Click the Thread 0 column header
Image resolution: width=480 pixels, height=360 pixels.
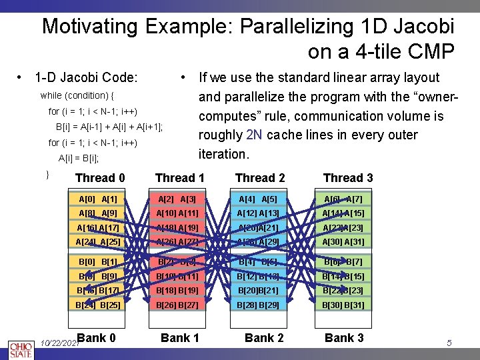pos(100,177)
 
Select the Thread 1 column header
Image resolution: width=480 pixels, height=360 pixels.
pos(179,177)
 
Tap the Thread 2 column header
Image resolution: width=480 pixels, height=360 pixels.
pos(260,177)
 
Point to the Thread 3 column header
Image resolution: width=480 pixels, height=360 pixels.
pos(348,177)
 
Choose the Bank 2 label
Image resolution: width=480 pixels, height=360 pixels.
pos(264,338)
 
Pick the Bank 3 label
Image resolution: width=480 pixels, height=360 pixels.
pos(344,338)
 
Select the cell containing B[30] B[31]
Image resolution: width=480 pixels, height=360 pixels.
pos(343,305)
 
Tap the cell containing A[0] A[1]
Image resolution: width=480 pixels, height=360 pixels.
pos(98,199)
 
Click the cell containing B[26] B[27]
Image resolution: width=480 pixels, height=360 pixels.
pos(177,305)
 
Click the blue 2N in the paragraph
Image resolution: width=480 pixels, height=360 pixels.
pos(254,135)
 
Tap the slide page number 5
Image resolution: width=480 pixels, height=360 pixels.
pos(449,343)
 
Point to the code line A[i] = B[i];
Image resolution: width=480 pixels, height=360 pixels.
pos(78,159)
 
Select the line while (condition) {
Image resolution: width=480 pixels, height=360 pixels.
pos(77,95)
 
